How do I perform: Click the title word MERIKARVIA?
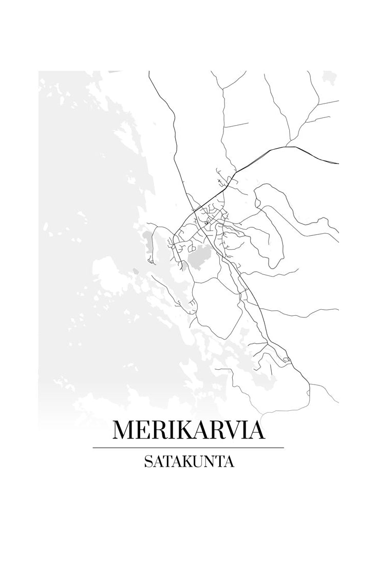point(189,430)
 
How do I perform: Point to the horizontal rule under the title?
point(188,448)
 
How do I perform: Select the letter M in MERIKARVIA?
point(124,430)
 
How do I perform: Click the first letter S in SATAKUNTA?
point(148,462)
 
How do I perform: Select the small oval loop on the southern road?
point(286,360)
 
